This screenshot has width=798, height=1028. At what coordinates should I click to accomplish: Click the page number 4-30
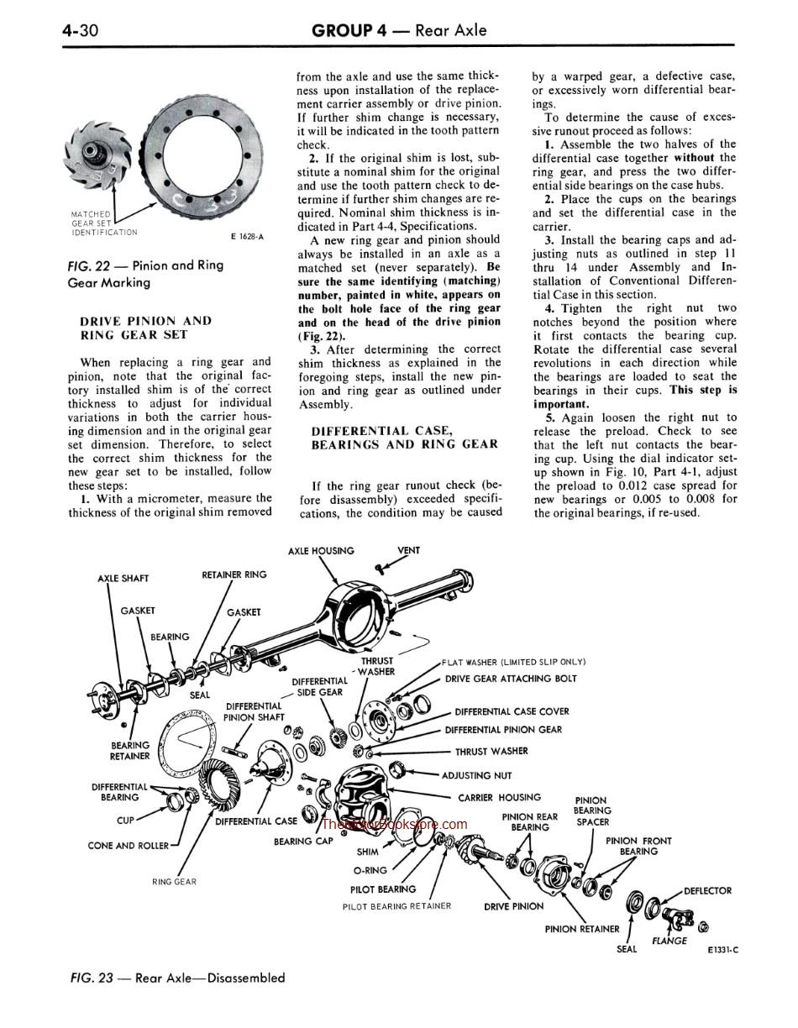[x=81, y=31]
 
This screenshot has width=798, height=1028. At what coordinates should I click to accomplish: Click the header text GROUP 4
[x=349, y=31]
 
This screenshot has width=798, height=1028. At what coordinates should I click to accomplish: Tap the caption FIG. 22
[x=89, y=265]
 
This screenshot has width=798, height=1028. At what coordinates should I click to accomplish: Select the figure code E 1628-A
[x=247, y=237]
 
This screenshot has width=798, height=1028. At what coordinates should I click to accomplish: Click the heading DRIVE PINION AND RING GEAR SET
[x=145, y=328]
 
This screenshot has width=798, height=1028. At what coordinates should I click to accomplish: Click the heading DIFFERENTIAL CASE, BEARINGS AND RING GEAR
[x=404, y=437]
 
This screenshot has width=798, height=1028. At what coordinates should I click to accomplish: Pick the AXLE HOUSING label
[x=321, y=551]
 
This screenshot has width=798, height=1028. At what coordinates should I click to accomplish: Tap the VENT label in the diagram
[x=408, y=551]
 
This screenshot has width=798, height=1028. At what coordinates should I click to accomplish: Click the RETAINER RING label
[x=234, y=574]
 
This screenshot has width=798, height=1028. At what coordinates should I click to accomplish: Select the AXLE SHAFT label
[x=123, y=579]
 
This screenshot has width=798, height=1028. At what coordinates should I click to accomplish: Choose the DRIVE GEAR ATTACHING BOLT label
[x=511, y=679]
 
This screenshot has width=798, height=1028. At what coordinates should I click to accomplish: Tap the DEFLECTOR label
[x=707, y=891]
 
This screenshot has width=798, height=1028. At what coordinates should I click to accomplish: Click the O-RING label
[x=370, y=871]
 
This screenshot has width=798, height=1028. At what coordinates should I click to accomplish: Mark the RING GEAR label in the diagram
[x=174, y=882]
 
